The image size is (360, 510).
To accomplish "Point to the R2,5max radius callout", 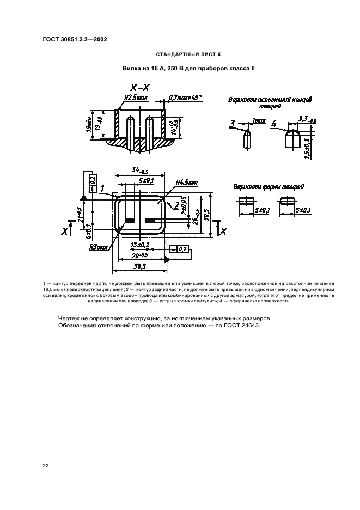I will (136, 98).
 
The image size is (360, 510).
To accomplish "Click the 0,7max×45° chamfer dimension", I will (185, 98).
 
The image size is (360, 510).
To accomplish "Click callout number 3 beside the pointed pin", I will (233, 125).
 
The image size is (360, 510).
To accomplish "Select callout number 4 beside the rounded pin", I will (274, 124).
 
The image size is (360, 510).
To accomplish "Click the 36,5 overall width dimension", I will (140, 266).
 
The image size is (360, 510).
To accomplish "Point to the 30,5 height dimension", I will (206, 215).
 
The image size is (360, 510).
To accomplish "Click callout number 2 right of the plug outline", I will (176, 204).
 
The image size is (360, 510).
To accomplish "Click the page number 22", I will (46, 465).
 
